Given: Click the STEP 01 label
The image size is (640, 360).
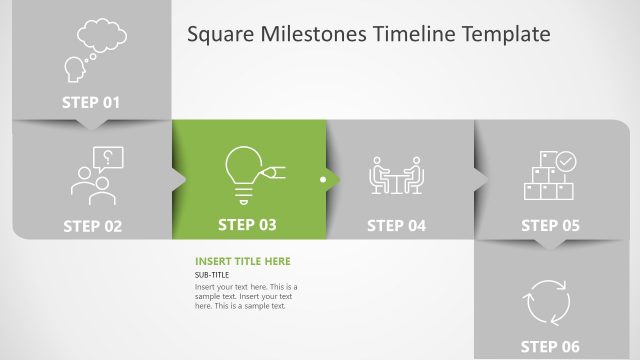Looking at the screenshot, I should pos(91,102).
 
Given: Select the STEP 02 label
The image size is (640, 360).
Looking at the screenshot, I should pos(92,226).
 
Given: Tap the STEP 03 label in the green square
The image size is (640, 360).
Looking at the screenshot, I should pos(247,225).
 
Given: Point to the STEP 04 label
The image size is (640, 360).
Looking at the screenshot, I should pos(396,225).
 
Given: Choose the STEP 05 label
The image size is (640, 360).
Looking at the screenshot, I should pos(550,225).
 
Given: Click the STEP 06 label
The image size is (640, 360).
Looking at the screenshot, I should pos(550,346).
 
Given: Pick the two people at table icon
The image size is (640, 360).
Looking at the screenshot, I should pos(397,175).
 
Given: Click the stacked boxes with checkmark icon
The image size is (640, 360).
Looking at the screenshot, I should pos(550,176).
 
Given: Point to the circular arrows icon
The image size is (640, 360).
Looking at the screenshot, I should pos(547,301).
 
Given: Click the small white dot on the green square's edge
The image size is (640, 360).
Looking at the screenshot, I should pos(322,180).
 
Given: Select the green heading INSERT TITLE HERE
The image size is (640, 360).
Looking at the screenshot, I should pos(243,261).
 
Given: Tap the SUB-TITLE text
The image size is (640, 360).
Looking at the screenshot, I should pos(212,274).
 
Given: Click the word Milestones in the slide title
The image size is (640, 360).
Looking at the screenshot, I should pos(313,35).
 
